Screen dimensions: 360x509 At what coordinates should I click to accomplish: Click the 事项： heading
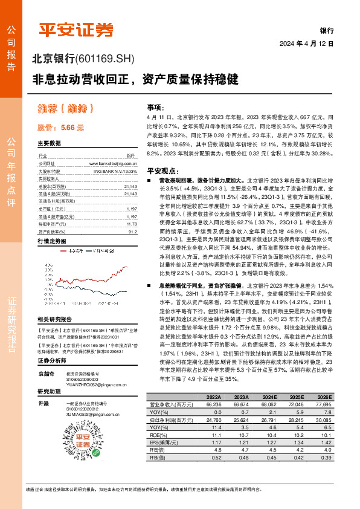[x=155, y=106]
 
